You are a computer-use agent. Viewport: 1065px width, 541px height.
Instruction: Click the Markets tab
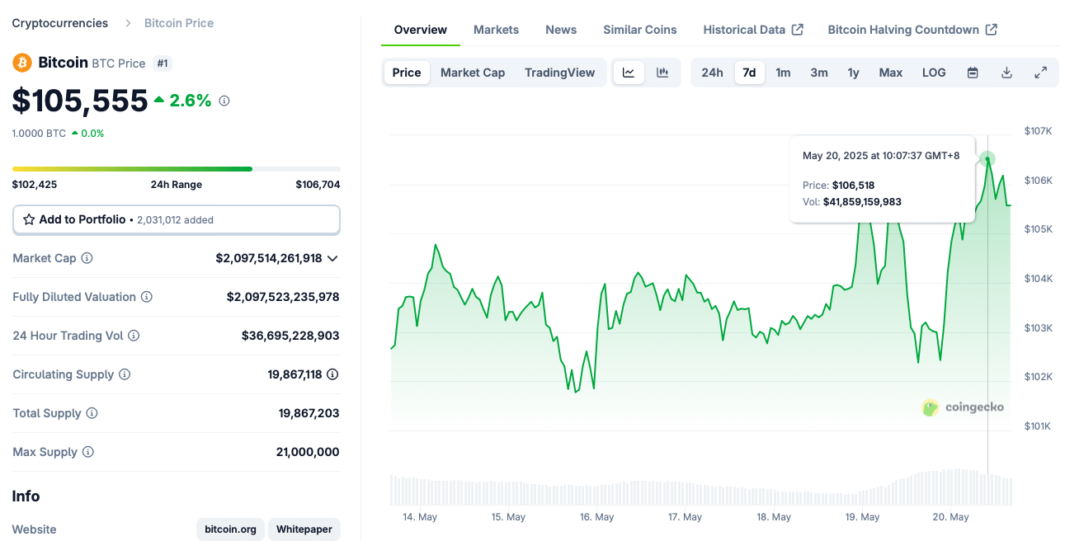point(496,30)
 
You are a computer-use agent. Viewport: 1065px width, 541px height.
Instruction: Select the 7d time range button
point(749,73)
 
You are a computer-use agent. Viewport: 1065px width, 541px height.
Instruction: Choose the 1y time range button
point(853,73)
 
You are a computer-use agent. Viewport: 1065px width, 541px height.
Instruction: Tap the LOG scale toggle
point(934,73)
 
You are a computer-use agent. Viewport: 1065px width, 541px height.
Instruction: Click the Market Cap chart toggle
point(473,73)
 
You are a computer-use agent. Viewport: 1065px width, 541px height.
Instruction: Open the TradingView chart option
point(559,73)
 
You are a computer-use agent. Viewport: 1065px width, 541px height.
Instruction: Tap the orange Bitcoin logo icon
point(22,63)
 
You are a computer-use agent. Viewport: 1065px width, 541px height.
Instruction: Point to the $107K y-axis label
point(1037,131)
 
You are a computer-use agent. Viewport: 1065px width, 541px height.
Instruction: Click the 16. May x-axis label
point(597,517)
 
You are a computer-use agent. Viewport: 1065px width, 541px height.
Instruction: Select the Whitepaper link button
point(304,529)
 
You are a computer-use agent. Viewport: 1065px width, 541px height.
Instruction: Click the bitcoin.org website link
point(230,529)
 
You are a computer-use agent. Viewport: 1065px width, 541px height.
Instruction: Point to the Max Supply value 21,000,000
point(308,452)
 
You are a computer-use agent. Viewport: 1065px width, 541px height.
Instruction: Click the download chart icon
point(1006,73)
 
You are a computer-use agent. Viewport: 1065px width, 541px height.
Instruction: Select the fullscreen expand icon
point(1040,73)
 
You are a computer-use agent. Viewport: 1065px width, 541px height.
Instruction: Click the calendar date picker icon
point(973,73)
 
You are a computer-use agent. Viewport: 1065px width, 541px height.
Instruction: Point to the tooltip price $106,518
point(853,186)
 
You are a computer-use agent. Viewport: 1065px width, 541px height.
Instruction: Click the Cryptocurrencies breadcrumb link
point(60,23)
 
